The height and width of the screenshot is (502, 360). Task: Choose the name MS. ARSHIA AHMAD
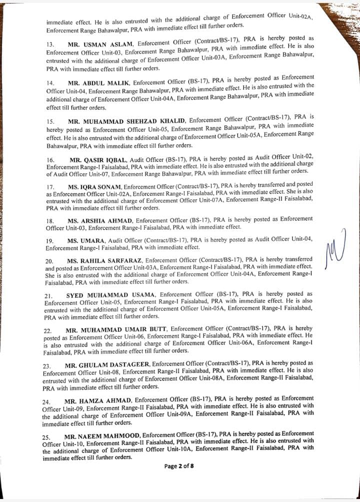pyautogui.click(x=99, y=220)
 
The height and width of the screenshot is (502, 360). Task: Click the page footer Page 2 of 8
pyautogui.click(x=179, y=467)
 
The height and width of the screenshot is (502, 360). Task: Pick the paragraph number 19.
pyautogui.click(x=49, y=241)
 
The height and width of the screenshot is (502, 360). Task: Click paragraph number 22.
pyautogui.click(x=48, y=331)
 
